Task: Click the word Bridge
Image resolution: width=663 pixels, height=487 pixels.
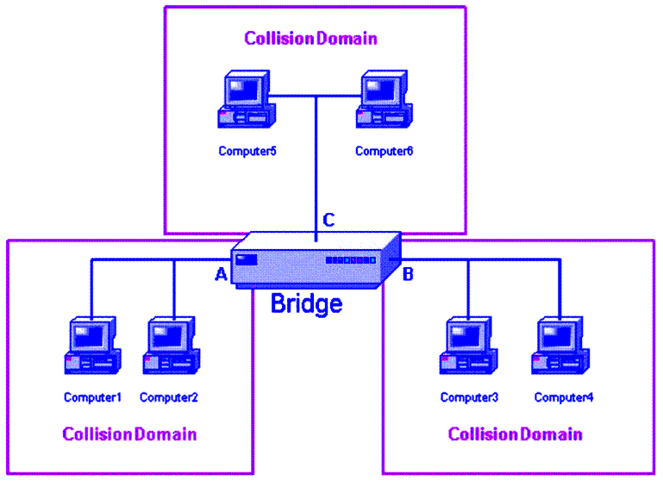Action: tap(306, 303)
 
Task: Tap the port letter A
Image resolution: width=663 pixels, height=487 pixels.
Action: tap(221, 275)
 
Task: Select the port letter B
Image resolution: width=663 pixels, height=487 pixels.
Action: tap(409, 275)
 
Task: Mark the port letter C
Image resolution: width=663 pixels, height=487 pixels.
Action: tap(328, 221)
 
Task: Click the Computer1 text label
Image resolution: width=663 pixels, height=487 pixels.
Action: tap(93, 397)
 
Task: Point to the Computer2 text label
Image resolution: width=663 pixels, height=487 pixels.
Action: tap(169, 397)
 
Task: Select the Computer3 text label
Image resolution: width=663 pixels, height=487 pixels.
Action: tap(469, 397)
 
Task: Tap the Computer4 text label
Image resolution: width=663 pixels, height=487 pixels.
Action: tap(564, 397)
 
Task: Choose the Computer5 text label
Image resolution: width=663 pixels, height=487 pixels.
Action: tap(247, 151)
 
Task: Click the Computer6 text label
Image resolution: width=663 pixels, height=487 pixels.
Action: tap(385, 151)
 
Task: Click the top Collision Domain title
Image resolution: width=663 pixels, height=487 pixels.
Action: tap(310, 39)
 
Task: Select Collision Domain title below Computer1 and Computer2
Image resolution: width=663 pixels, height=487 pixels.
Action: tap(129, 434)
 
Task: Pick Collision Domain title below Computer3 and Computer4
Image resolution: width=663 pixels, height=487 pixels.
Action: tap(515, 434)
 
